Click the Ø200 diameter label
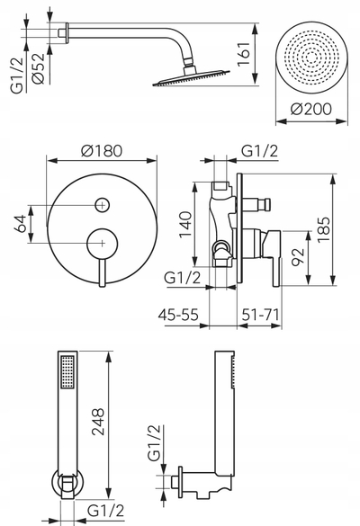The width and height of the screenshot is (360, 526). [x=311, y=109]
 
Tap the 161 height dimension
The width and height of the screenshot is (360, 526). [x=244, y=54]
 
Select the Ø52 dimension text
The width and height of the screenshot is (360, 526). [x=38, y=68]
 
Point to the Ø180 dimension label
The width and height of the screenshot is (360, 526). [x=102, y=151]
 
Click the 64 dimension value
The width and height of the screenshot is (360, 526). [x=20, y=224]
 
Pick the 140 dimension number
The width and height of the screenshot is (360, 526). [x=185, y=224]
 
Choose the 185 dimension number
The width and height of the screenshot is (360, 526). [x=324, y=230]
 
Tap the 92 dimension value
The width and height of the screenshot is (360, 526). [x=298, y=257]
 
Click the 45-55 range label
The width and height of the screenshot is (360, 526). [x=178, y=315]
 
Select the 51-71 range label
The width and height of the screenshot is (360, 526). [x=261, y=315]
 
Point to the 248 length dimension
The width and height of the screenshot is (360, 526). [x=98, y=422]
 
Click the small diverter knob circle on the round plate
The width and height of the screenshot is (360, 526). [x=103, y=205]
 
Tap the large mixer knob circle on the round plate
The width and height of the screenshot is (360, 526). [x=103, y=243]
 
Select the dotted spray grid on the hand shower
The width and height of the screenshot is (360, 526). [x=67, y=371]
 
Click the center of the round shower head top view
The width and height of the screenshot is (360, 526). [x=311, y=58]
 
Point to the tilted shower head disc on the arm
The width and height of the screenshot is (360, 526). [x=191, y=78]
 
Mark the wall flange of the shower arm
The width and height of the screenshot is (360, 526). [x=67, y=33]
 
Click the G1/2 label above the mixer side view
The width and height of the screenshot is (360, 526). [x=260, y=151]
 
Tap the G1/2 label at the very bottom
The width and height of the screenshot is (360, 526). [x=106, y=511]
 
